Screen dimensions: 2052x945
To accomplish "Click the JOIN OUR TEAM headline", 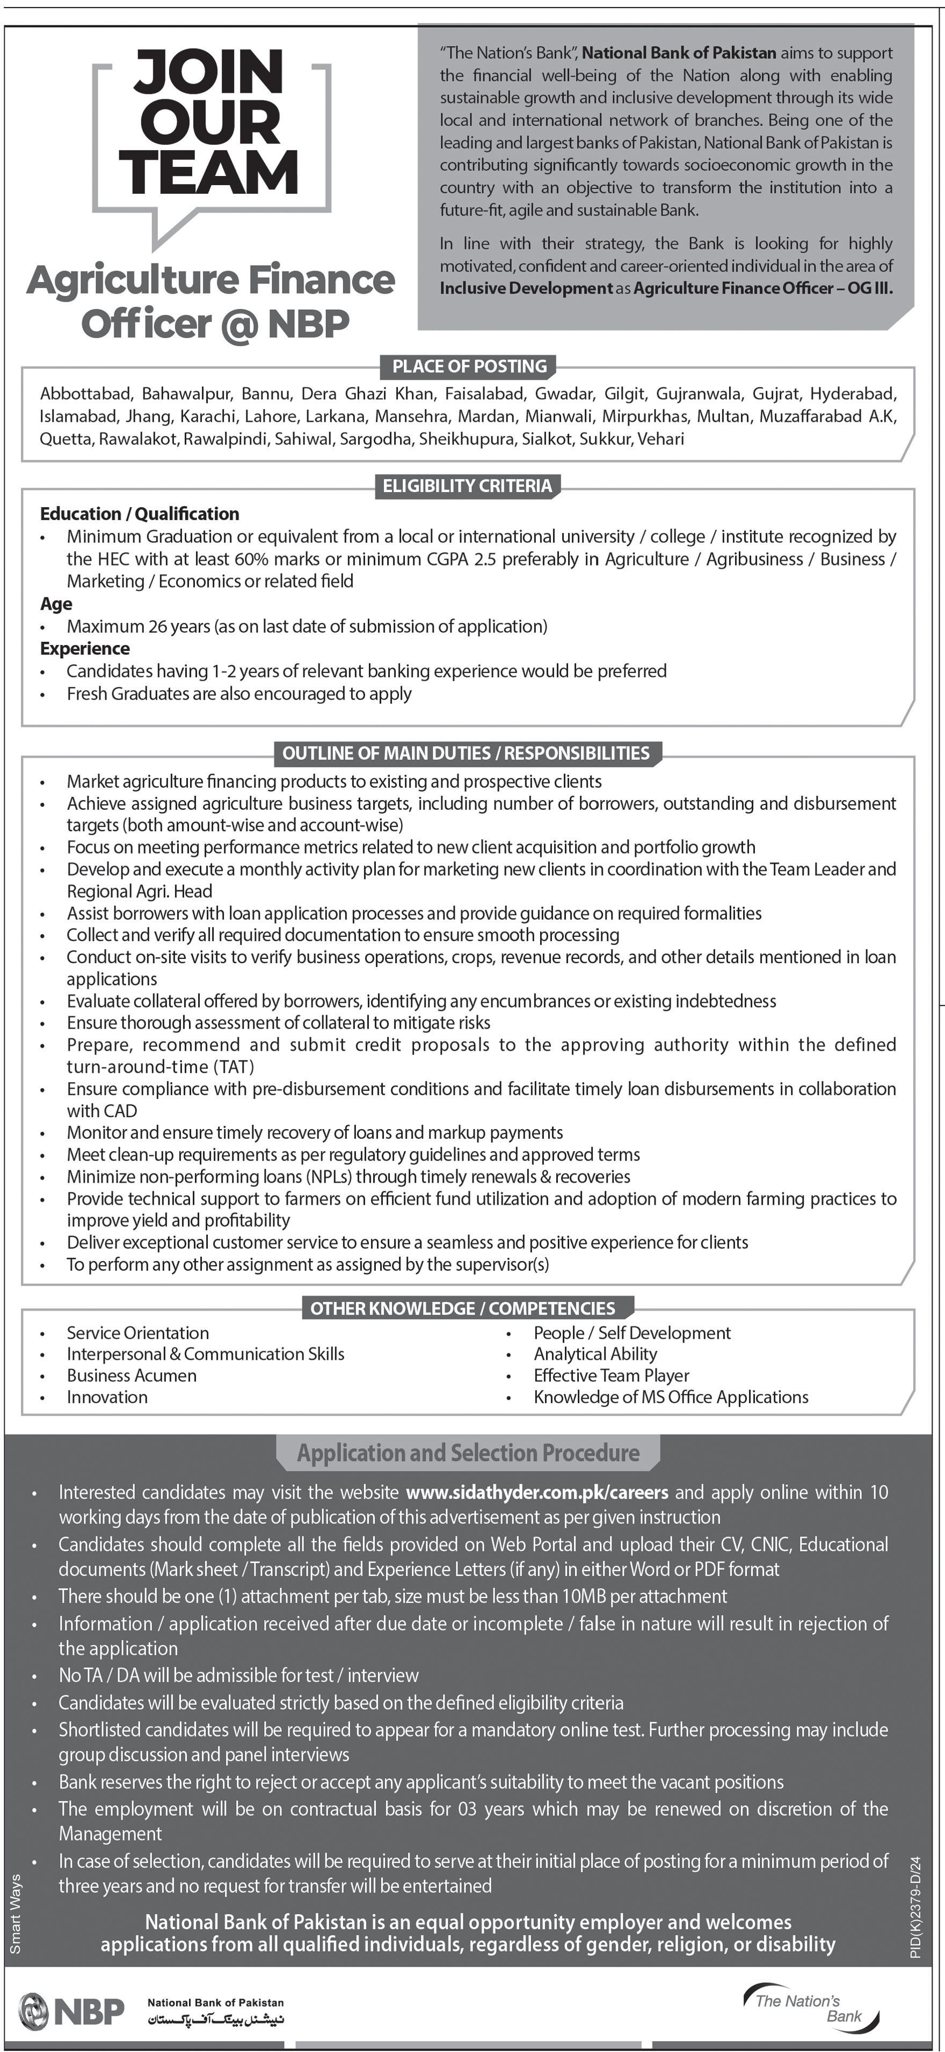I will click(x=209, y=121).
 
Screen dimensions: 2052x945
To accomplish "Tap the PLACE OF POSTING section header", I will click(x=469, y=367).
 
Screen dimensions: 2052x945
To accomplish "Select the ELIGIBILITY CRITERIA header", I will click(x=467, y=486).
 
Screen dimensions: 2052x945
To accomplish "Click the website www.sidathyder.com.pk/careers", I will click(x=536, y=1492).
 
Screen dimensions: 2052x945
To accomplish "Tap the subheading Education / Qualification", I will click(x=140, y=514).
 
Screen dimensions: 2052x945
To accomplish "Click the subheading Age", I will click(x=56, y=604).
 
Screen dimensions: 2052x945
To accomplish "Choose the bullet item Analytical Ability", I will click(x=595, y=1353).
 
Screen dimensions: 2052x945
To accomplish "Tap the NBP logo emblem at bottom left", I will click(x=33, y=2010).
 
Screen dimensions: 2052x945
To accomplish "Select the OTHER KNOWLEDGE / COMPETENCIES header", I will click(x=462, y=1308).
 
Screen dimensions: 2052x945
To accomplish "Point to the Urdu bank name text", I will click(x=216, y=2019).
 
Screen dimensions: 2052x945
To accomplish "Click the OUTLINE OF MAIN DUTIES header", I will click(x=466, y=753).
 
